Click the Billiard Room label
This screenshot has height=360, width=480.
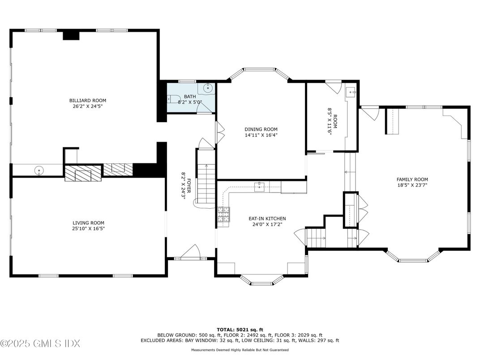click(x=87, y=100)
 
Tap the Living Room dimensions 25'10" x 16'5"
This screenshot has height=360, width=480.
click(x=88, y=228)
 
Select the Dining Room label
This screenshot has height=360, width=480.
click(x=261, y=129)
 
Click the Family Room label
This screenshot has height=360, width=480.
click(x=412, y=179)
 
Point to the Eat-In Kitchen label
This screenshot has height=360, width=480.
click(x=267, y=219)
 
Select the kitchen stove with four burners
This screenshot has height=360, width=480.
click(x=224, y=214)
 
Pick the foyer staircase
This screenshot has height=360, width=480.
click(x=206, y=179)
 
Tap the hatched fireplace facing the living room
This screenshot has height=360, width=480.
click(x=83, y=173)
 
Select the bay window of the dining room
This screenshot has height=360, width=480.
click(x=259, y=73)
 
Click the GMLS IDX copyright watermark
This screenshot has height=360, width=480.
click(x=40, y=344)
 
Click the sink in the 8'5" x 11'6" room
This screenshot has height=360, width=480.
click(x=352, y=93)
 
